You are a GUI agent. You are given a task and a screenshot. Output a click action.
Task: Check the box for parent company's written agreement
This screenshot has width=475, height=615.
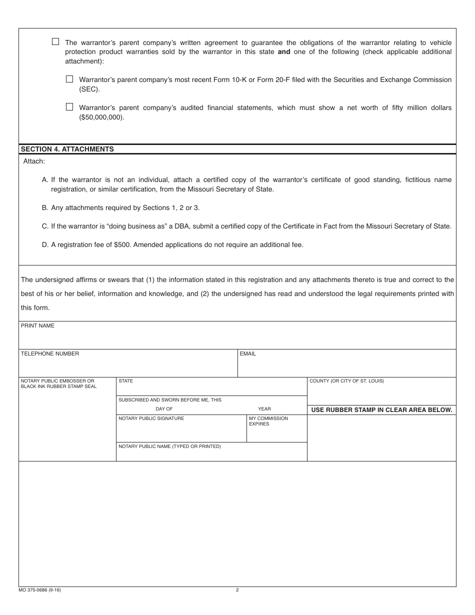click(55, 42)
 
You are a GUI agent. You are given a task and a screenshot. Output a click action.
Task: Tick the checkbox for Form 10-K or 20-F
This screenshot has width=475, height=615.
click(69, 79)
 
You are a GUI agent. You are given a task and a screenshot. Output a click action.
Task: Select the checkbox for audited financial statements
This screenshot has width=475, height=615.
click(69, 107)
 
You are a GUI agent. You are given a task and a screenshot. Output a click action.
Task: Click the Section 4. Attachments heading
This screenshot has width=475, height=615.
click(67, 149)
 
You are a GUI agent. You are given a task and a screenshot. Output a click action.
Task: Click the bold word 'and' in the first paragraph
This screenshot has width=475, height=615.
click(284, 51)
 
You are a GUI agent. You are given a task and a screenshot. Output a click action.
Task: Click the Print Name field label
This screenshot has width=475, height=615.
click(37, 325)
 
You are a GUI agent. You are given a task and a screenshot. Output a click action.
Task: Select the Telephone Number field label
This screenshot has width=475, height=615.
click(49, 353)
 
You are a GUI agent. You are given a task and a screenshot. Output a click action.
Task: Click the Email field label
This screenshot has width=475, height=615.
click(247, 353)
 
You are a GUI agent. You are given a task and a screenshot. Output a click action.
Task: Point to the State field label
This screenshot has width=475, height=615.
click(125, 381)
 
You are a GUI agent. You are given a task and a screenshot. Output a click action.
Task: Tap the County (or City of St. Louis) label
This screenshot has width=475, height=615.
click(346, 381)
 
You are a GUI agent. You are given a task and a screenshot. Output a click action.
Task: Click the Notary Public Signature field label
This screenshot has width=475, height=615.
click(151, 418)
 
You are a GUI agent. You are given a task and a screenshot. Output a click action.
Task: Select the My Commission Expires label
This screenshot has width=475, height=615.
click(268, 421)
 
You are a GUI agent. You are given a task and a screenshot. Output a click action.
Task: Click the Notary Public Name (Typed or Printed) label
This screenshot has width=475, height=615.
click(169, 446)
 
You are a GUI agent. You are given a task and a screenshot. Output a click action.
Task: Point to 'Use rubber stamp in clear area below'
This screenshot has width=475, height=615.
click(381, 409)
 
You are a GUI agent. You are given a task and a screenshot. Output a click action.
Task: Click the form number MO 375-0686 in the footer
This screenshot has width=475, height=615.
click(40, 590)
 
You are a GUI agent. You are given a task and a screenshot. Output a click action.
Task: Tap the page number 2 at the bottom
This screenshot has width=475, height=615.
click(237, 590)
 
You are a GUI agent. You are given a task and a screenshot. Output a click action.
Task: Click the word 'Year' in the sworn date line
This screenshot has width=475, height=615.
click(264, 409)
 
